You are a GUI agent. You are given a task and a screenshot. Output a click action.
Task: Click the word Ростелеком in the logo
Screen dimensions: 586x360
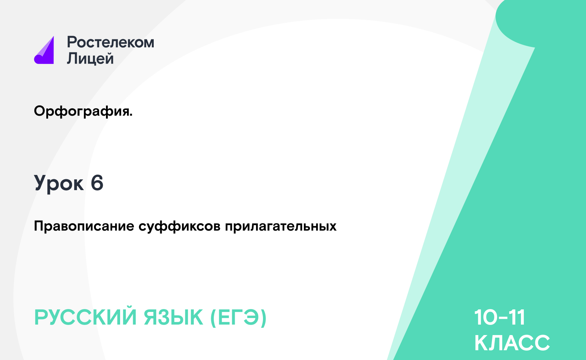[111, 42]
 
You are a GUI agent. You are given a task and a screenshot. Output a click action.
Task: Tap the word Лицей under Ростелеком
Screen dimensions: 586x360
[90, 58]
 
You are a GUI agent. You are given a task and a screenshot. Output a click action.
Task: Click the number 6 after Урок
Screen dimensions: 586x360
[97, 183]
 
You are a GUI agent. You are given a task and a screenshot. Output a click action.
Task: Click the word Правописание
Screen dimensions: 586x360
[84, 226]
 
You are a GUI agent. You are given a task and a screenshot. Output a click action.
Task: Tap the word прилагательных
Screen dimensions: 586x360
[281, 226]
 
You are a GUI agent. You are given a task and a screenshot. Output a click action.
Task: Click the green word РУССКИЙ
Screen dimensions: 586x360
[85, 317]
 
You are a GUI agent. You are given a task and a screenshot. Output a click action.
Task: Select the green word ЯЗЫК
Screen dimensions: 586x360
[173, 317]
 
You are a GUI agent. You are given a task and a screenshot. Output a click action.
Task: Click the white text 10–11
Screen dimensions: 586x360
[500, 317]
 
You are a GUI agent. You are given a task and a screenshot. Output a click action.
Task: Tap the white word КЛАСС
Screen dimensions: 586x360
[512, 343]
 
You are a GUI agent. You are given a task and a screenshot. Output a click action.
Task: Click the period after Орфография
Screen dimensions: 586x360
[131, 115]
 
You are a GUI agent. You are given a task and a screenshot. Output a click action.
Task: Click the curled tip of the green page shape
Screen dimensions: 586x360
[534, 47]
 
